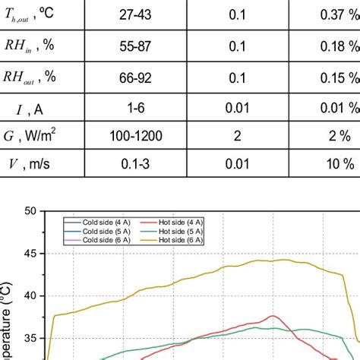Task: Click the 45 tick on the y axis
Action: coord(30,254)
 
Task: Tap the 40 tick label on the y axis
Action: coord(30,296)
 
